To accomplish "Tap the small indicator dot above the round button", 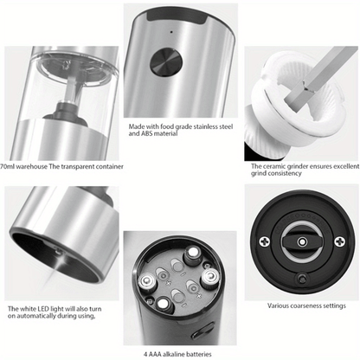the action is click(171, 32).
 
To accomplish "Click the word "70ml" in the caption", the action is click(7, 166).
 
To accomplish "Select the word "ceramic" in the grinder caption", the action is click(276, 166).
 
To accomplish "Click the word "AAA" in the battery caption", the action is click(155, 354).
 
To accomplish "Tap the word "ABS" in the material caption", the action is click(147, 133).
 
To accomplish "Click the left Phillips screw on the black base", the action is click(264, 241).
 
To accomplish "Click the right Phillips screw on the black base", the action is click(339, 241).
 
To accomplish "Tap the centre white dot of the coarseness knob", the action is click(302, 242).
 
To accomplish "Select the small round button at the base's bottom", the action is click(302, 280).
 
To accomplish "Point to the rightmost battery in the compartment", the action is click(210, 278).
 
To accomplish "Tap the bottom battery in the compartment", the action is click(164, 305).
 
